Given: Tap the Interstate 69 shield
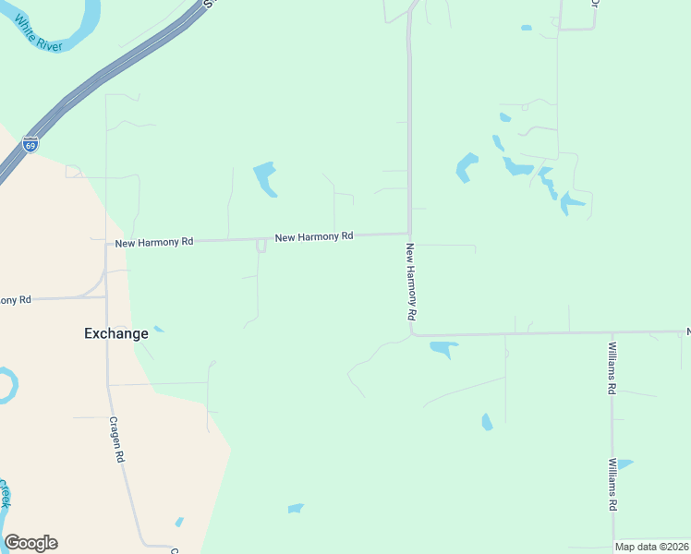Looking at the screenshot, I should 30,145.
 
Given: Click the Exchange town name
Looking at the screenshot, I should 115,333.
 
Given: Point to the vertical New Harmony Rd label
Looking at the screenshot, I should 410,282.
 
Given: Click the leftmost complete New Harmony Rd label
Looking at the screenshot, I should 153,242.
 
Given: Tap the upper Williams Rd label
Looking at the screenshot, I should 612,367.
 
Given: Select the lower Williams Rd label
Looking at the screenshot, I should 612,485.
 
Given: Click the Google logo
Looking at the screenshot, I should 30,543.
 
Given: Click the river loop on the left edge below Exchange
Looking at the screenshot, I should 6,385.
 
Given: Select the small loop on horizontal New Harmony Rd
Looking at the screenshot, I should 261,245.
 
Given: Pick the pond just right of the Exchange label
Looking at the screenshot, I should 159,329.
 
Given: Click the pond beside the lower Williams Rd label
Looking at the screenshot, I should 624,464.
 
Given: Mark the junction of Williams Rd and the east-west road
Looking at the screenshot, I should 612,333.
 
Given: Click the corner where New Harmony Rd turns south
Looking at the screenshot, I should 409,234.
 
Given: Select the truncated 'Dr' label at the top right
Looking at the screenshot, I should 594,3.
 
